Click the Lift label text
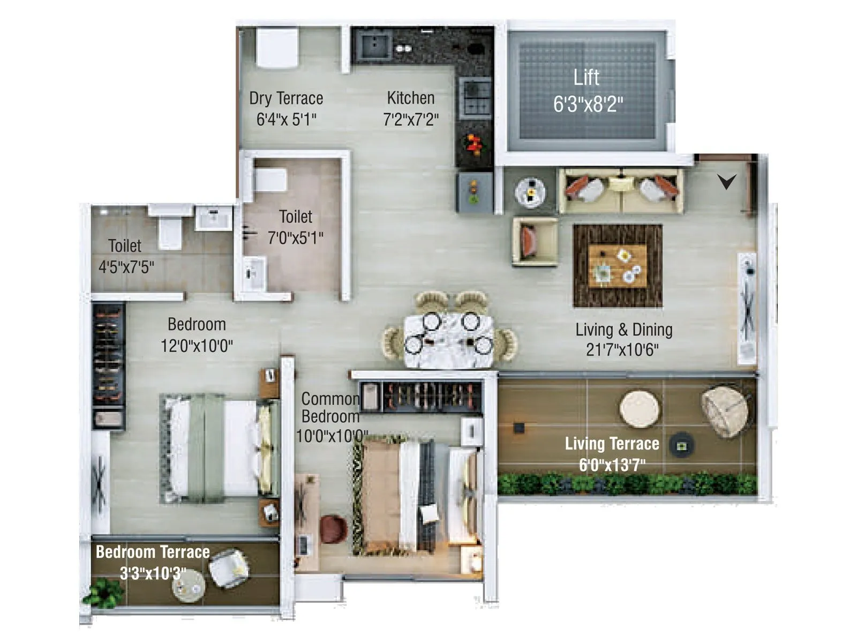586,78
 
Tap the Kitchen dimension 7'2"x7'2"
410,119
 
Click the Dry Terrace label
286,99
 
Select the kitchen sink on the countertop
375,44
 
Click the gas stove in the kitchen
475,96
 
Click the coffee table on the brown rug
617,266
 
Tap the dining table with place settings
449,340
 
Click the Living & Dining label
623,330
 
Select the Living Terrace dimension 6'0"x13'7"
612,465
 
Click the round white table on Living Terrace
639,409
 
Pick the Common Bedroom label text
330,407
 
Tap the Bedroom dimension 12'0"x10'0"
197,346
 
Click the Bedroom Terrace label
153,552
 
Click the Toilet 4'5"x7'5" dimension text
126,266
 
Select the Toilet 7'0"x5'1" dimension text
295,237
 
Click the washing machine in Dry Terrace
277,47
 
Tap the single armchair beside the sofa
533,241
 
